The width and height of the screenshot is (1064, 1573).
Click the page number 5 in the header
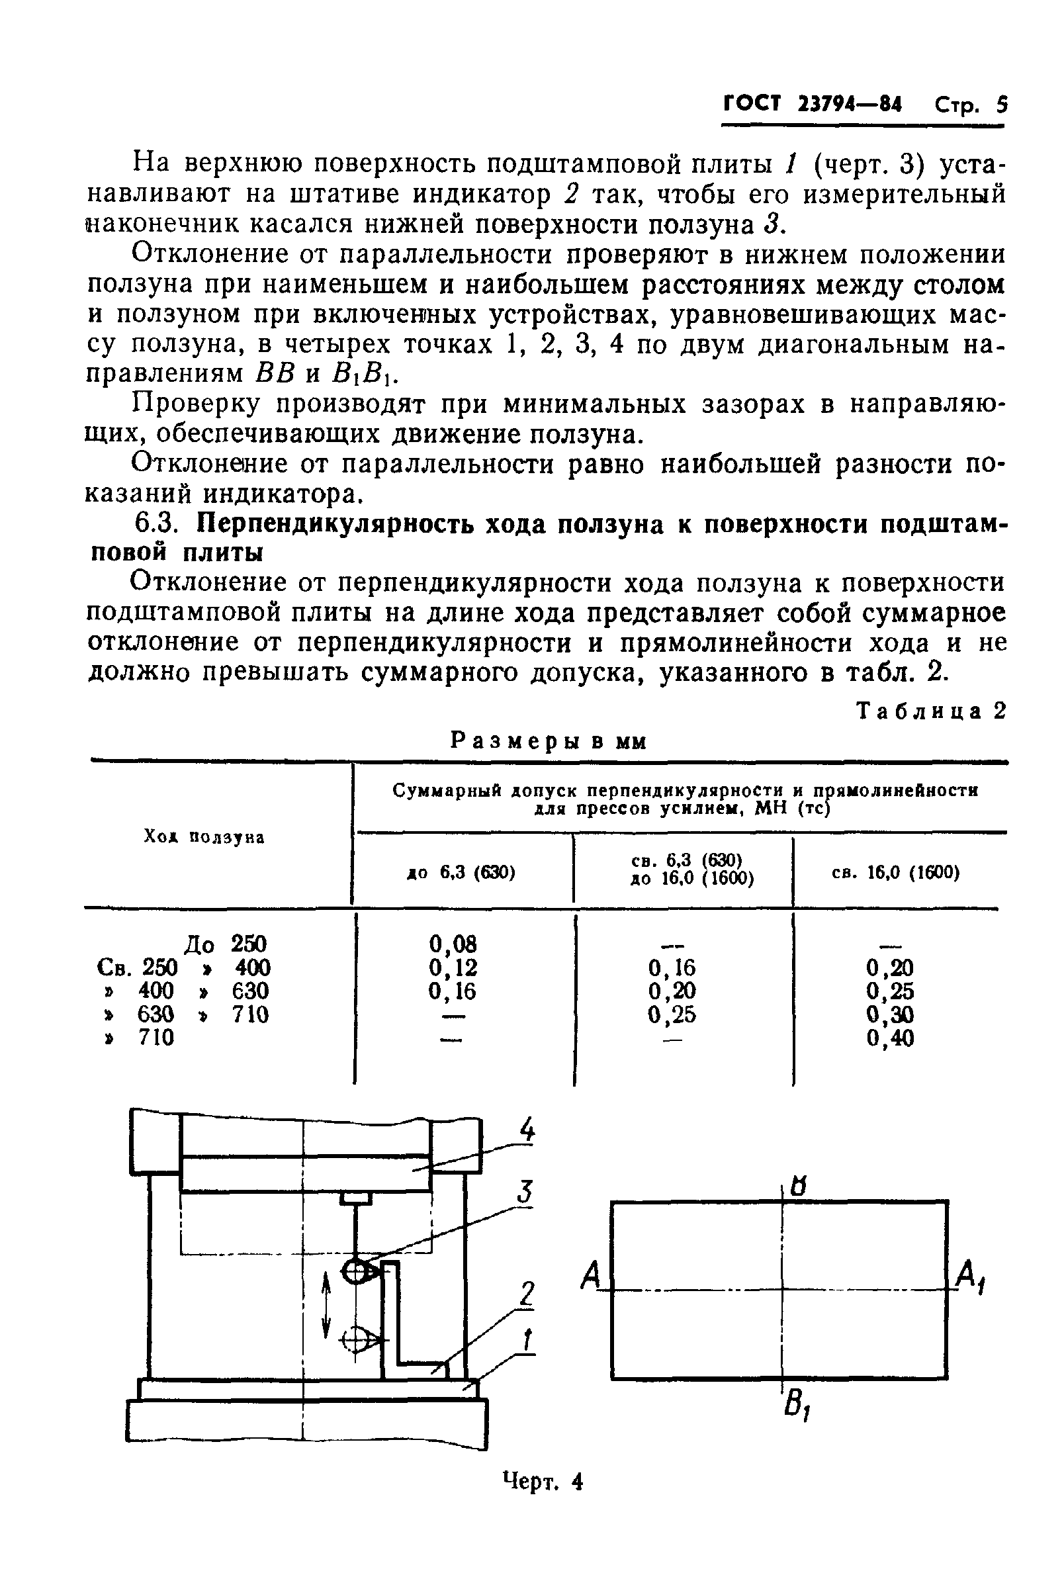pyautogui.click(x=1001, y=105)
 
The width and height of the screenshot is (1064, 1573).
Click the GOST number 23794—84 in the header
pyautogui.click(x=850, y=105)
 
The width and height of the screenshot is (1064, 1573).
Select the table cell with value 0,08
pyautogui.click(x=453, y=944)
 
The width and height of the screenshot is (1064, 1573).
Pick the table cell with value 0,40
pyautogui.click(x=890, y=1038)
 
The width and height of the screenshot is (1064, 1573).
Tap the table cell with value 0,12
pyautogui.click(x=453, y=967)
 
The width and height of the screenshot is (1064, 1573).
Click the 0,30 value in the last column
pyautogui.click(x=890, y=1014)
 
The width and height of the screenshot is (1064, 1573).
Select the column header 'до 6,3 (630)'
pyautogui.click(x=461, y=873)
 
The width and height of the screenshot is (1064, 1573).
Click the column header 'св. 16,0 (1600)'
pyautogui.click(x=895, y=873)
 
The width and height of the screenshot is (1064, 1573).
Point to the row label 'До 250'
pyautogui.click(x=226, y=944)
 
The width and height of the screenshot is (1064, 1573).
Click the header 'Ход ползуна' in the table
pyautogui.click(x=204, y=837)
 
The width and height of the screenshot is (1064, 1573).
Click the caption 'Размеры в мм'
pyautogui.click(x=549, y=742)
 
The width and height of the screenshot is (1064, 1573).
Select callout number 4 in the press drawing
pyautogui.click(x=527, y=1131)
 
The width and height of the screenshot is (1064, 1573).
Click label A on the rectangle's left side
pyautogui.click(x=591, y=1276)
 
